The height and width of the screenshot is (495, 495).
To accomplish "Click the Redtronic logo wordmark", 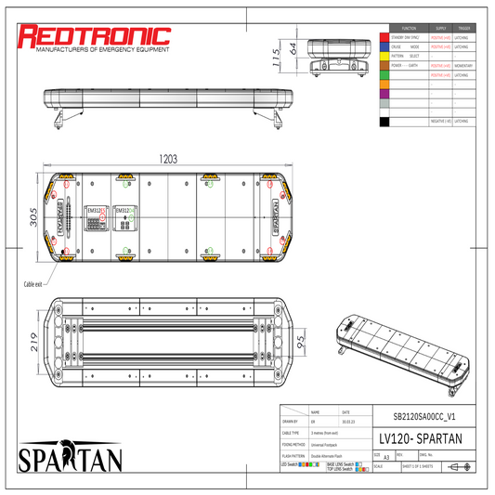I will (96, 36).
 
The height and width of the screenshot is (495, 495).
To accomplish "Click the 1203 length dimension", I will (167, 159).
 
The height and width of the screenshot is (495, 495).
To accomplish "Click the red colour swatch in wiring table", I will (384, 36).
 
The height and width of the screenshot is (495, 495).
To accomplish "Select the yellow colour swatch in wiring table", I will (384, 56).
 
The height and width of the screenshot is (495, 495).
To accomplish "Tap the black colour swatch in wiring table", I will (384, 122).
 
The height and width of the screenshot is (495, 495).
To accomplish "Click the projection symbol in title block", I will (456, 467).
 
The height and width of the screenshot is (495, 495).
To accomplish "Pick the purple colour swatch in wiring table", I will (384, 93).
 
